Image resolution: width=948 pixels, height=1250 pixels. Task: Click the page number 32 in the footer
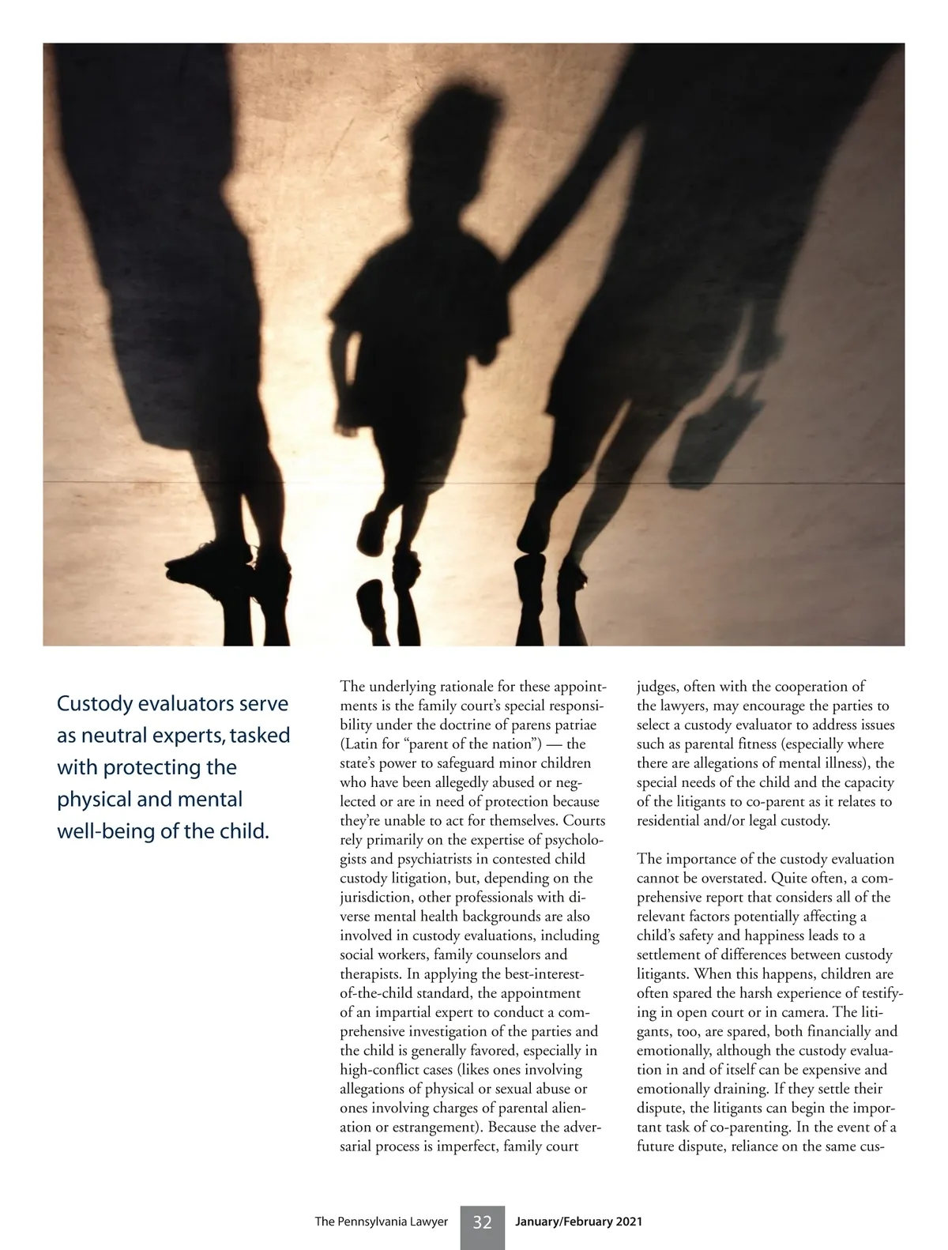pyautogui.click(x=482, y=1222)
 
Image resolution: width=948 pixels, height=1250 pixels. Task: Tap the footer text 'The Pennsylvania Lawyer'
pyautogui.click(x=381, y=1222)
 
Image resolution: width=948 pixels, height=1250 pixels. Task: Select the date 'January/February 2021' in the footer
pyautogui.click(x=578, y=1222)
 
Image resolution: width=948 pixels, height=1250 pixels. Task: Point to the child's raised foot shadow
pyautogui.click(x=374, y=529)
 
